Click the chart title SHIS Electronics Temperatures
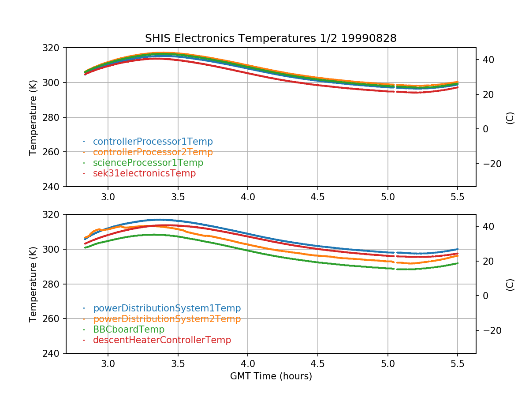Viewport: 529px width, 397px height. pyautogui.click(x=271, y=38)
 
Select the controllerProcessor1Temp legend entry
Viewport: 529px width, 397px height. pyautogui.click(x=153, y=142)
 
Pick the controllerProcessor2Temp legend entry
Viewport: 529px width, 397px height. pyautogui.click(x=153, y=152)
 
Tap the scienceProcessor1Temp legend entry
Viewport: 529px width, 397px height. pyautogui.click(x=148, y=163)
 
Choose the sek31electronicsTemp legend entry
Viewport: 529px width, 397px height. pyautogui.click(x=144, y=173)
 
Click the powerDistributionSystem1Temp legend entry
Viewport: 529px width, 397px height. pyautogui.click(x=167, y=308)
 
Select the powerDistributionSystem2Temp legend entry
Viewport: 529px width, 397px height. pyautogui.click(x=167, y=319)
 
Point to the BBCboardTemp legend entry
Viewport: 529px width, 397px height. pyautogui.click(x=128, y=330)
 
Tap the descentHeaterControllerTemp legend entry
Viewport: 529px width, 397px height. pyautogui.click(x=162, y=340)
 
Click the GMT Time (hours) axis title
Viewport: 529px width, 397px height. pyautogui.click(x=271, y=376)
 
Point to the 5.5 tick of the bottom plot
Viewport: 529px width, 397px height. pyautogui.click(x=458, y=364)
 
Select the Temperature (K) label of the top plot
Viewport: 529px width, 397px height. pyautogui.click(x=33, y=117)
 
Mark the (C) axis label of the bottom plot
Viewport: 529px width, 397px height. pyautogui.click(x=510, y=284)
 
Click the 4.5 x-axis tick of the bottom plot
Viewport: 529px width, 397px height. pyautogui.click(x=317, y=364)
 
